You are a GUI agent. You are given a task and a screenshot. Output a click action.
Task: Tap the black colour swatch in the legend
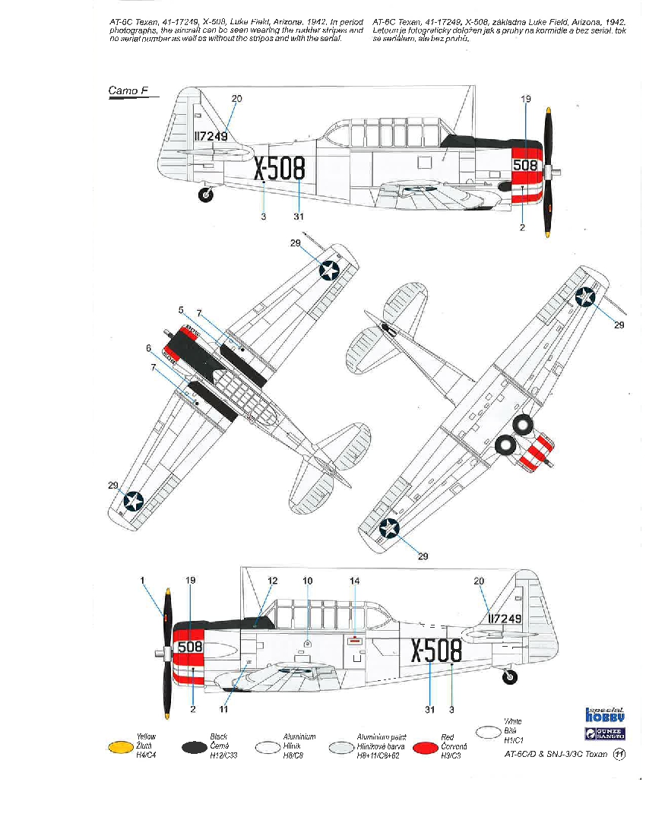(x=195, y=748)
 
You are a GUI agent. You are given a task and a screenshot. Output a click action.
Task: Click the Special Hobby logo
(x=605, y=714)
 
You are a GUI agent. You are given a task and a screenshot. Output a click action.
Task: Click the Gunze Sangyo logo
(x=605, y=733)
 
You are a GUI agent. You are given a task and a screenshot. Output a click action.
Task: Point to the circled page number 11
(x=619, y=755)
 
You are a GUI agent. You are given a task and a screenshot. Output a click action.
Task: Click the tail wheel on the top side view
(x=206, y=195)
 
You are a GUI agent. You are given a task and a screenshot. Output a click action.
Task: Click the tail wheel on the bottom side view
(x=511, y=676)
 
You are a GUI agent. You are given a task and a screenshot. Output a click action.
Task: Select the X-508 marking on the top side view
(x=279, y=169)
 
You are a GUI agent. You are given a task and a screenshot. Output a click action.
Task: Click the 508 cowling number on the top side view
(x=525, y=165)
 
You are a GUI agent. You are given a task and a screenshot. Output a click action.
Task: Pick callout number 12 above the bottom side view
(x=273, y=581)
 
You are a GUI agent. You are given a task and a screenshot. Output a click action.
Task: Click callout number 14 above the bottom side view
(x=354, y=581)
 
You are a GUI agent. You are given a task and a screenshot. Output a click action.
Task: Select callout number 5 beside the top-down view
(x=181, y=310)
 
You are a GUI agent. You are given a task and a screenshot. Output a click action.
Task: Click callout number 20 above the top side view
(x=236, y=99)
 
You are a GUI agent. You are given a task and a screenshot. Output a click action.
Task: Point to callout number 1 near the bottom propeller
(x=142, y=580)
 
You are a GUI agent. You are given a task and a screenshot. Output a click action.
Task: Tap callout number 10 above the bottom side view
(x=307, y=581)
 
